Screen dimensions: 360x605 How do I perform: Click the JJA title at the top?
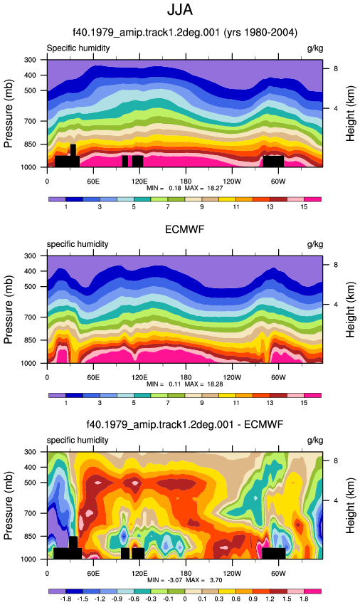tap(180, 9)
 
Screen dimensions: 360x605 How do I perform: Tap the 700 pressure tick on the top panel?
tap(30, 121)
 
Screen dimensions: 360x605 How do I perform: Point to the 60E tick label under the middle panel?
tap(93, 377)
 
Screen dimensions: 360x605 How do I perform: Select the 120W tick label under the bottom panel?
tap(232, 574)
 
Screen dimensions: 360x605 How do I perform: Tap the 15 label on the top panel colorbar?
tap(304, 207)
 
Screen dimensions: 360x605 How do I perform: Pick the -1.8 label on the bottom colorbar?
tap(65, 599)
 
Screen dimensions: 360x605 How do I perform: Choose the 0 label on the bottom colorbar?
tap(185, 599)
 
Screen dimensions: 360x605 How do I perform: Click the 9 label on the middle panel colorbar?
tap(202, 403)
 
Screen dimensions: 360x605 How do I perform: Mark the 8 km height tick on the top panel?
tap(336, 68)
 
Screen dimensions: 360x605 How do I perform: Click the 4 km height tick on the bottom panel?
tap(336, 500)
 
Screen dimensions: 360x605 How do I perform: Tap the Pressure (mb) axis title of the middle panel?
tap(8, 310)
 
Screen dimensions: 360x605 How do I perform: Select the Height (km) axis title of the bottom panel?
tap(350, 506)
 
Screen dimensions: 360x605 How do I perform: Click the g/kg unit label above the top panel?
tap(315, 48)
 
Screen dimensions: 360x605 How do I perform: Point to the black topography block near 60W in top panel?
tap(274, 162)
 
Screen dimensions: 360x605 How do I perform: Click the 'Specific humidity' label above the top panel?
tap(78, 48)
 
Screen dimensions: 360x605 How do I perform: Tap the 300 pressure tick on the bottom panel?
tap(30, 452)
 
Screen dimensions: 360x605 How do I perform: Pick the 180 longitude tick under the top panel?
tap(186, 181)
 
